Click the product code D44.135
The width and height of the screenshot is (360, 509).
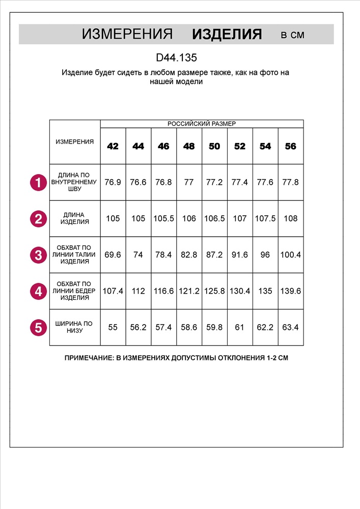176,58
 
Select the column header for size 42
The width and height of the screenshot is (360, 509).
113,146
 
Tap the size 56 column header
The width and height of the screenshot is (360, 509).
290,146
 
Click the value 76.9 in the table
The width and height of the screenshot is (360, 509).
113,182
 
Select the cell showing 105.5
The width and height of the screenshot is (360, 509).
163,218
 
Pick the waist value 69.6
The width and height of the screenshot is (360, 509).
113,255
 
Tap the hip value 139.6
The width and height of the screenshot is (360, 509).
290,291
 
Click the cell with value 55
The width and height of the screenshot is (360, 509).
113,327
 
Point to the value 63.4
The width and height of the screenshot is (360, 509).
290,327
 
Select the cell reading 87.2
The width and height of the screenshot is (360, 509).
214,255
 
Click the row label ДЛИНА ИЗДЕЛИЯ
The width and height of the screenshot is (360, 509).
75,218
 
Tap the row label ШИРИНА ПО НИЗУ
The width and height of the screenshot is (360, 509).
75,327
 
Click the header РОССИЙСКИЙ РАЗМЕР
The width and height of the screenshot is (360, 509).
202,124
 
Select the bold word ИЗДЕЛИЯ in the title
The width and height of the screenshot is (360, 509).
227,35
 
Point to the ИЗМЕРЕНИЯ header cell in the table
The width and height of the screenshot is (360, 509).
75,142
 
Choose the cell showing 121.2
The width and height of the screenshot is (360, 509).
189,291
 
